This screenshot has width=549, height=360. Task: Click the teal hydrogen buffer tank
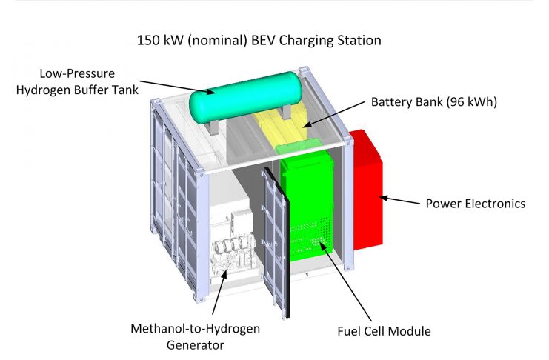[x=245, y=97]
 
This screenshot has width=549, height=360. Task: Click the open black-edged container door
[x=277, y=241]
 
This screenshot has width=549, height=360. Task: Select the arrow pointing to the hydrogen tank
[x=177, y=87]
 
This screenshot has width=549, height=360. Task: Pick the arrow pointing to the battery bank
[x=333, y=115]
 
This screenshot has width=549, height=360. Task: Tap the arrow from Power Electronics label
[x=399, y=200]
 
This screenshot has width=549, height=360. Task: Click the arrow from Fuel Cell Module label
[x=345, y=281]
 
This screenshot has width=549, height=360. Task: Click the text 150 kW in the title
[x=160, y=40]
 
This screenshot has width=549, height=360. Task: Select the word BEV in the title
[x=263, y=40]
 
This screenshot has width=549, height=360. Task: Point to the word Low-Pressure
[x=77, y=73]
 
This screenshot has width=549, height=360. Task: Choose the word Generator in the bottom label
[x=195, y=345]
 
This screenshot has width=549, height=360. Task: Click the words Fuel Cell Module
[x=384, y=331]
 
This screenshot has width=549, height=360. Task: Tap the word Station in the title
[x=359, y=40]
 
